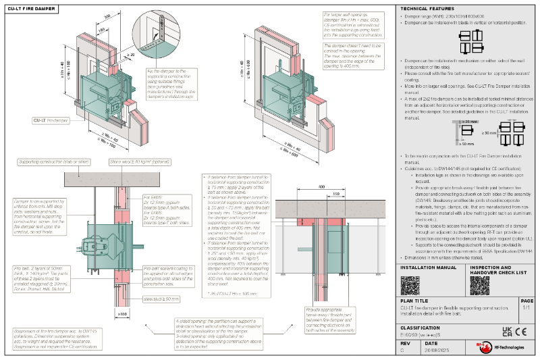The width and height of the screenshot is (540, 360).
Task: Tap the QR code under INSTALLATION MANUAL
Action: [410, 284]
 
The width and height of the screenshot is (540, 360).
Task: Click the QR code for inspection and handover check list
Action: [480, 284]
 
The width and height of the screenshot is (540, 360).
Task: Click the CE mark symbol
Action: [520, 331]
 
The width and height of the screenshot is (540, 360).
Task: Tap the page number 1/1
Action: [526, 308]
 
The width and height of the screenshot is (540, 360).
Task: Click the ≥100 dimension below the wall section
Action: [122, 313]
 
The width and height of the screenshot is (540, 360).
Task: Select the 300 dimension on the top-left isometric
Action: [107, 15]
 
